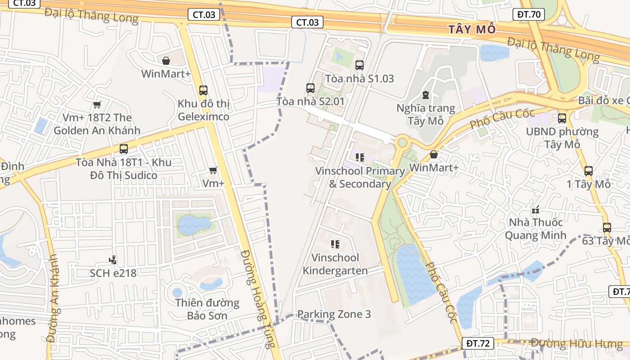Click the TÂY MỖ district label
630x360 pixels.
pos(472,30)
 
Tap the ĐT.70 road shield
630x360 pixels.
pos(529,14)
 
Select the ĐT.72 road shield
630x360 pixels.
pos(478,343)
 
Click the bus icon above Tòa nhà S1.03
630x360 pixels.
pos(359,65)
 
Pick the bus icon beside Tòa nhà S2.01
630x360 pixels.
pos(310,88)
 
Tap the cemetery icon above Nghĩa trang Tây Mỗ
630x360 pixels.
pos(426,95)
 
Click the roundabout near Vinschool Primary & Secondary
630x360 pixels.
pos(402,143)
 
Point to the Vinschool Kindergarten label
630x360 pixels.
pos(335,264)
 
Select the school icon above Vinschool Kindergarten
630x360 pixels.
pos(335,244)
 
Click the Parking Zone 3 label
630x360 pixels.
pos(334,314)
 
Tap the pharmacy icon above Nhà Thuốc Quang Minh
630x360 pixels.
pos(535,210)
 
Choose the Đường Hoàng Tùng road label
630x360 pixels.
pos(257,299)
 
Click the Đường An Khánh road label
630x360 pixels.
pos(53,298)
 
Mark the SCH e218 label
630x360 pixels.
pos(113,273)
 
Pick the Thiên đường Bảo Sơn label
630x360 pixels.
pos(207,309)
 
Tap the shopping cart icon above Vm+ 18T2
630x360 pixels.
pos(97,105)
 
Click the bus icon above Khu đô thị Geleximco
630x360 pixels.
pos(203,90)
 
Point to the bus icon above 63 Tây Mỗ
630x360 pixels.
pos(607,228)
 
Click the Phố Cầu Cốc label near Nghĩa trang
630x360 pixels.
pos(502,118)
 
